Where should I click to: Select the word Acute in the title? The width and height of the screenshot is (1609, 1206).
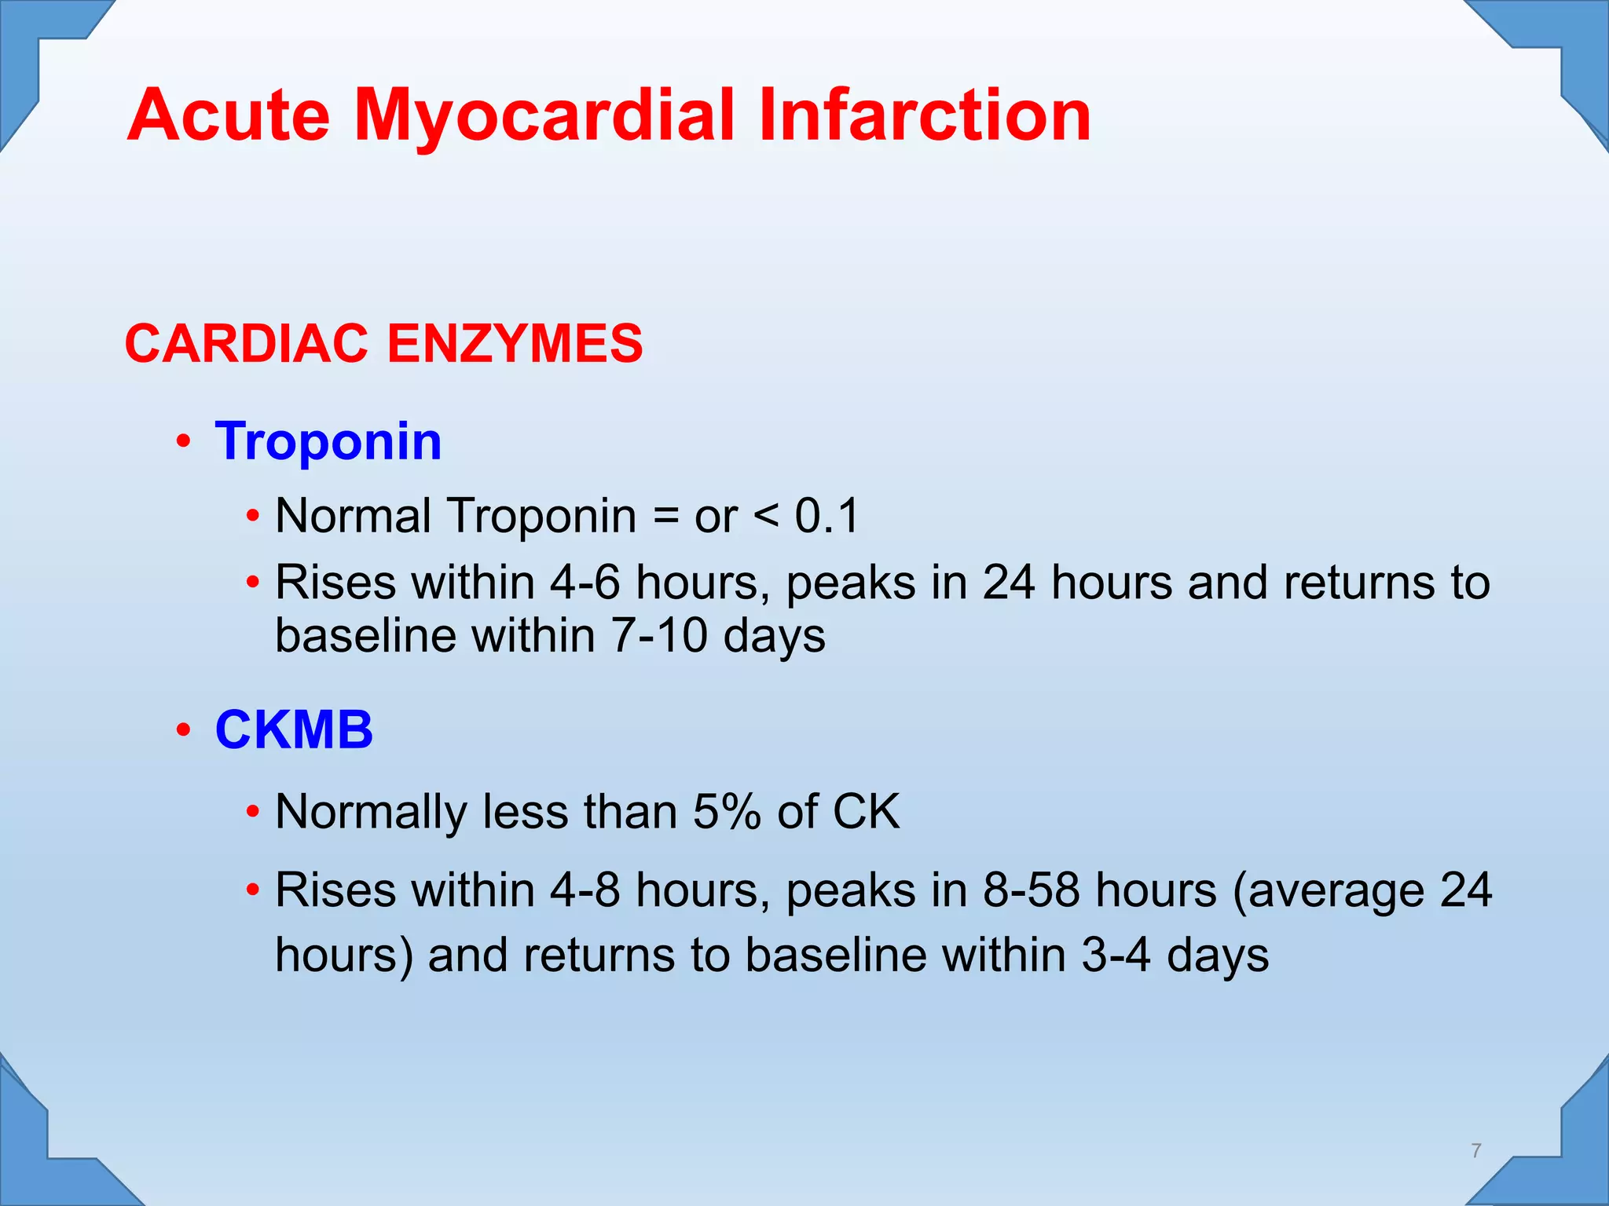(x=229, y=116)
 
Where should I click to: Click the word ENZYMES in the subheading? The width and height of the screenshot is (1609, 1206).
(x=515, y=344)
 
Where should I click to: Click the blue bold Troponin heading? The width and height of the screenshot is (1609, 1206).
(x=328, y=441)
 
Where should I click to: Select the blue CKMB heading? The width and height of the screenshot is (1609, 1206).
(x=294, y=729)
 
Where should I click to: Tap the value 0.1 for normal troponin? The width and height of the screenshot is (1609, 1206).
(x=826, y=516)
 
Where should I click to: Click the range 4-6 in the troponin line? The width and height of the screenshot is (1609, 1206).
(x=585, y=583)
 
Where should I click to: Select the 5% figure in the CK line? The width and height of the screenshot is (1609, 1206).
(x=727, y=811)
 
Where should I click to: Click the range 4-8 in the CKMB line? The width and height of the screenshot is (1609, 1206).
(x=585, y=891)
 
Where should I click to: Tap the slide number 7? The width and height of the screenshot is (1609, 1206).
(x=1476, y=1151)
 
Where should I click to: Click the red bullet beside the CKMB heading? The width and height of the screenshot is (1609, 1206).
(x=183, y=730)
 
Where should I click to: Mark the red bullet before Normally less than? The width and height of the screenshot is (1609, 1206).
(x=252, y=811)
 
